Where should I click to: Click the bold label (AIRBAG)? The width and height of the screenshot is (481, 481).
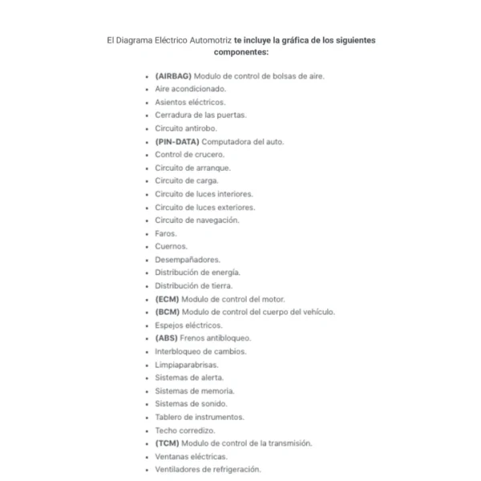pos(173,76)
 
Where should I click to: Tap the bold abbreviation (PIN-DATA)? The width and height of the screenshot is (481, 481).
pos(178,141)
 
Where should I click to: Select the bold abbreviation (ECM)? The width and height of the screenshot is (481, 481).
pos(168,299)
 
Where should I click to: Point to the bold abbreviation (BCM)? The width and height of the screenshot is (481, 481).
pos(168,312)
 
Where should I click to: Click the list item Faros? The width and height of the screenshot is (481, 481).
pos(165,233)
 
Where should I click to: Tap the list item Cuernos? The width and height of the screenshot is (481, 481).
pos(171,246)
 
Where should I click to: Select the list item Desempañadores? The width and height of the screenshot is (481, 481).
pos(187,260)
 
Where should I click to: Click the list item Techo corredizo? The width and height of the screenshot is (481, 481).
pos(184,430)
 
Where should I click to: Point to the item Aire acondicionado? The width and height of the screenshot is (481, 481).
pos(191,89)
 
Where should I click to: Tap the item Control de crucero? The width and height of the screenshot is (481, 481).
pos(189,155)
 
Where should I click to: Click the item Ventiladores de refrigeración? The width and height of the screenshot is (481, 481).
pos(208,470)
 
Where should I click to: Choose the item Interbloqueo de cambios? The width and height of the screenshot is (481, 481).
pos(200,351)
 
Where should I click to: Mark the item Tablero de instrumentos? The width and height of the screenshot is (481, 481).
pos(200,417)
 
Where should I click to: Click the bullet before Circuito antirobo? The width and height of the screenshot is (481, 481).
pos(146,129)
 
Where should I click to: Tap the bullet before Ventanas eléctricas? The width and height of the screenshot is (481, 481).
pos(146,457)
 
